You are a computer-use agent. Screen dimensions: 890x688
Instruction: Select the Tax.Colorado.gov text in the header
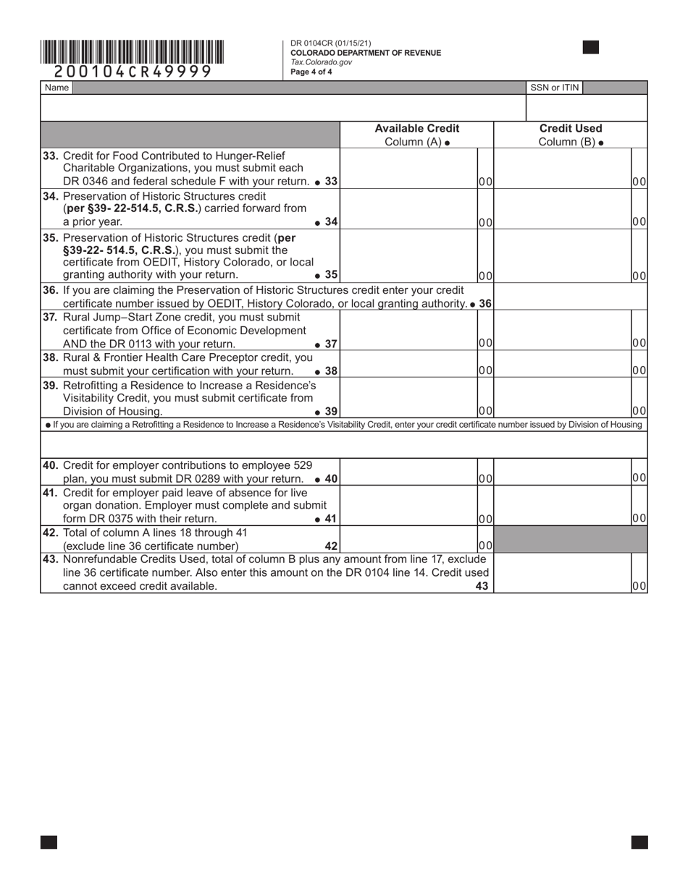tap(321, 62)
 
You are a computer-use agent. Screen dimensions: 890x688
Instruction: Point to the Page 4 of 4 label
tap(311, 72)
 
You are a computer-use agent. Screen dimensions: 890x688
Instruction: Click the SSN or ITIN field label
tap(554, 88)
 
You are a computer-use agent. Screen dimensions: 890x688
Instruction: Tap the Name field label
tap(56, 88)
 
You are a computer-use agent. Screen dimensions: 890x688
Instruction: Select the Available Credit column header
tap(416, 128)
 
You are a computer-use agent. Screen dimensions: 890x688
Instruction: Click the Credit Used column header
tap(570, 128)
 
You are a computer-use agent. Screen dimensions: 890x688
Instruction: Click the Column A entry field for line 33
tap(408, 169)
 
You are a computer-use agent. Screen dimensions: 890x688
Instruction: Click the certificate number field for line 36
tap(570, 297)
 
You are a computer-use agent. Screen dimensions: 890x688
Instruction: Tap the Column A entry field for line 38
tap(408, 363)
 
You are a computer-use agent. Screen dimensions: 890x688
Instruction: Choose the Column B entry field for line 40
tap(562, 471)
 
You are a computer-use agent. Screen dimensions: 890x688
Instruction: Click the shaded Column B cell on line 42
tap(570, 539)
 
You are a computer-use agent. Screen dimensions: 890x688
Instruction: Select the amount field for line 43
tap(562, 573)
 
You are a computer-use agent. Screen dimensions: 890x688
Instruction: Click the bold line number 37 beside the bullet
tap(330, 344)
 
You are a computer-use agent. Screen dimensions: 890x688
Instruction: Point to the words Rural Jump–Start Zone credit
tap(127, 317)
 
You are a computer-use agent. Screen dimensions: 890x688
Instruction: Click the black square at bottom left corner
tap(49, 842)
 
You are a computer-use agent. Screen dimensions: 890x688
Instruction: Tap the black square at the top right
tap(590, 48)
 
